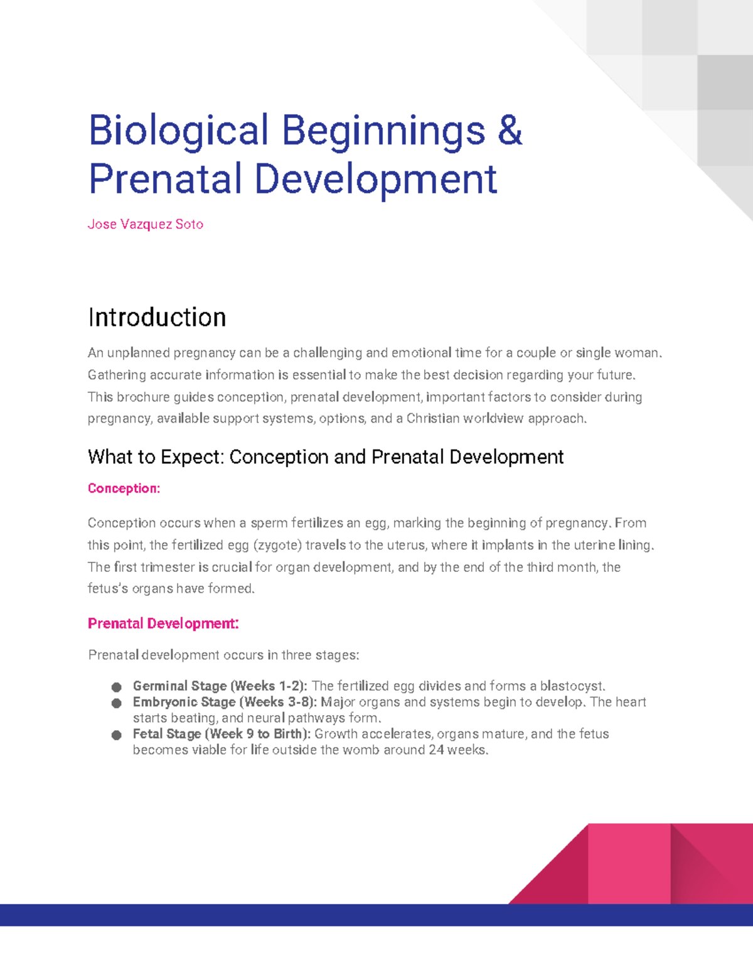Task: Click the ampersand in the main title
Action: [x=510, y=131]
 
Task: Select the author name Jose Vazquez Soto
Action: [x=145, y=224]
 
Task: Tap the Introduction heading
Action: [x=157, y=317]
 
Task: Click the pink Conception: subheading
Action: [x=124, y=488]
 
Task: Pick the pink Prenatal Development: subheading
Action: [x=163, y=623]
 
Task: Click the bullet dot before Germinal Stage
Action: [x=116, y=687]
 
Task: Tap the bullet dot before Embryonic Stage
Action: [x=116, y=703]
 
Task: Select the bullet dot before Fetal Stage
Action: [x=116, y=735]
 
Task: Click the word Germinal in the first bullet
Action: [x=160, y=686]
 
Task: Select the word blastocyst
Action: [x=572, y=686]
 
